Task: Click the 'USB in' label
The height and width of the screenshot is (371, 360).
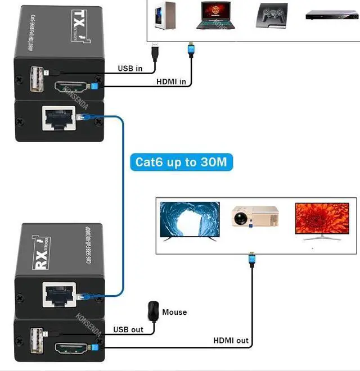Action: tap(130, 69)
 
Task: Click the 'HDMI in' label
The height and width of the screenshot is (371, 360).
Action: tap(171, 82)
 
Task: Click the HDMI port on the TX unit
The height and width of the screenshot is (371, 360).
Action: tap(73, 88)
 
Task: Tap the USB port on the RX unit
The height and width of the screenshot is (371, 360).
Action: tap(35, 341)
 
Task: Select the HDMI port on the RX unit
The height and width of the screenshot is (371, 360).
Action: tap(74, 348)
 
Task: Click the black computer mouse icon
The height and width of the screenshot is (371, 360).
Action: tap(152, 311)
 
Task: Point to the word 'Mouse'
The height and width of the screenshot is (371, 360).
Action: tap(174, 312)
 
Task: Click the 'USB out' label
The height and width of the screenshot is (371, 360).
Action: tap(128, 329)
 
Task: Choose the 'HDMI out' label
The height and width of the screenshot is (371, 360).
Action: tap(231, 341)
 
